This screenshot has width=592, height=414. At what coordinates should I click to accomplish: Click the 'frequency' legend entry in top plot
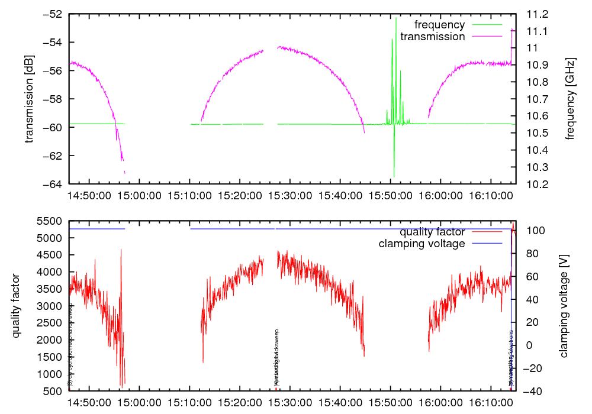(439, 25)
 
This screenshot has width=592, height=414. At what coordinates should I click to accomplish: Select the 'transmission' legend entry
(433, 37)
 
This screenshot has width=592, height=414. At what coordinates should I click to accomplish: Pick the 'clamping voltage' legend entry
(422, 243)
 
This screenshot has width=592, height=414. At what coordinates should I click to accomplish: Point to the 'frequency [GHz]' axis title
(570, 99)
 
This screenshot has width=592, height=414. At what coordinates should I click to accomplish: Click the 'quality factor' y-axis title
(16, 306)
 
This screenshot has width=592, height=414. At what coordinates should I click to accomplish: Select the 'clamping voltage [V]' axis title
(563, 306)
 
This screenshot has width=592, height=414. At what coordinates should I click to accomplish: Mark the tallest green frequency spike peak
(396, 18)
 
